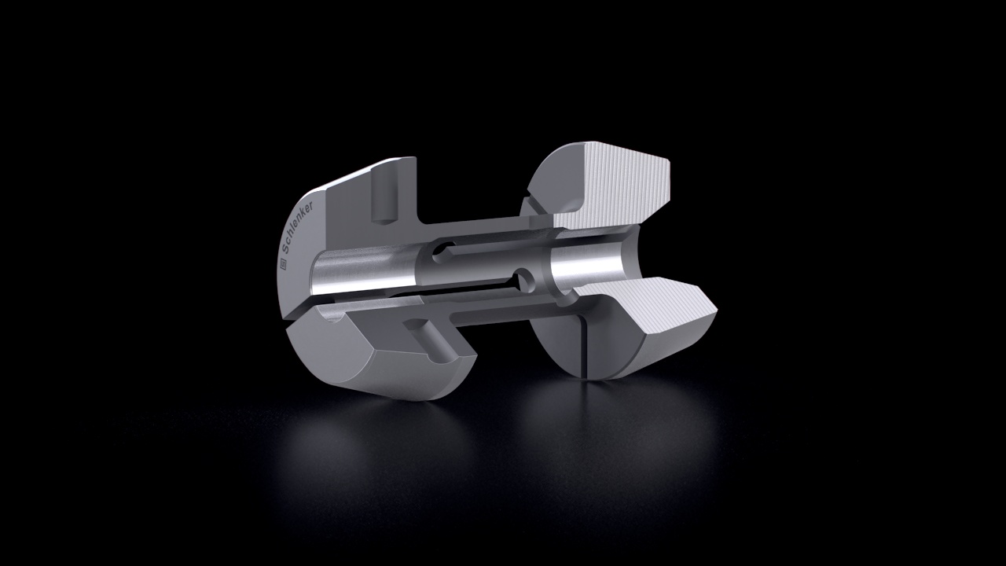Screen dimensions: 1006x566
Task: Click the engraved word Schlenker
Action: pos(296,228)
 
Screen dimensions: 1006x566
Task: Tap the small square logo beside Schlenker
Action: pos(284,265)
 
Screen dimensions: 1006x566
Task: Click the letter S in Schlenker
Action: pos(285,250)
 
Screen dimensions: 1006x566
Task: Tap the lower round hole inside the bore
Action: pos(523,278)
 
